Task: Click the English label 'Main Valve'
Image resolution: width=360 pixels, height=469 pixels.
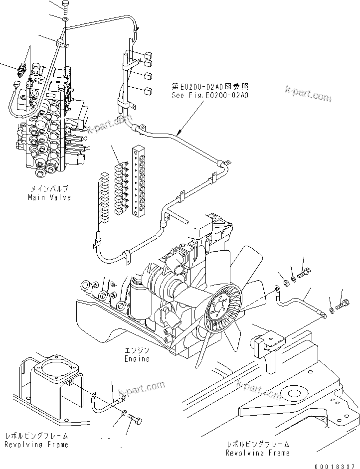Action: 49,197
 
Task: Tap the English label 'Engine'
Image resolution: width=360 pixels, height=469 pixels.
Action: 137,359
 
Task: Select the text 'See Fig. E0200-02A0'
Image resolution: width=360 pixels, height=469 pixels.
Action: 209,94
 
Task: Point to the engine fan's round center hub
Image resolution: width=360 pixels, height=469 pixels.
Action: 220,309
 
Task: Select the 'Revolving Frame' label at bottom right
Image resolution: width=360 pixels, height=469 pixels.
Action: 257,453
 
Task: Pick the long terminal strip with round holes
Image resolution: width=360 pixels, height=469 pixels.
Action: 137,182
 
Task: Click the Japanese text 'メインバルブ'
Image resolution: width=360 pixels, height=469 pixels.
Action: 49,189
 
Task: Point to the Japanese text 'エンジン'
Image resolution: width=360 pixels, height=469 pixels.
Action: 137,350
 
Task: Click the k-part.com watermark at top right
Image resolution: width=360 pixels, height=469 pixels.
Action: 307,93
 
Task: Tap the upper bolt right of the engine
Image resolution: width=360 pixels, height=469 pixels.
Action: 305,272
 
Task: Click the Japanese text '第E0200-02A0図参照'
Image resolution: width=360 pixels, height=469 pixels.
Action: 209,86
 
